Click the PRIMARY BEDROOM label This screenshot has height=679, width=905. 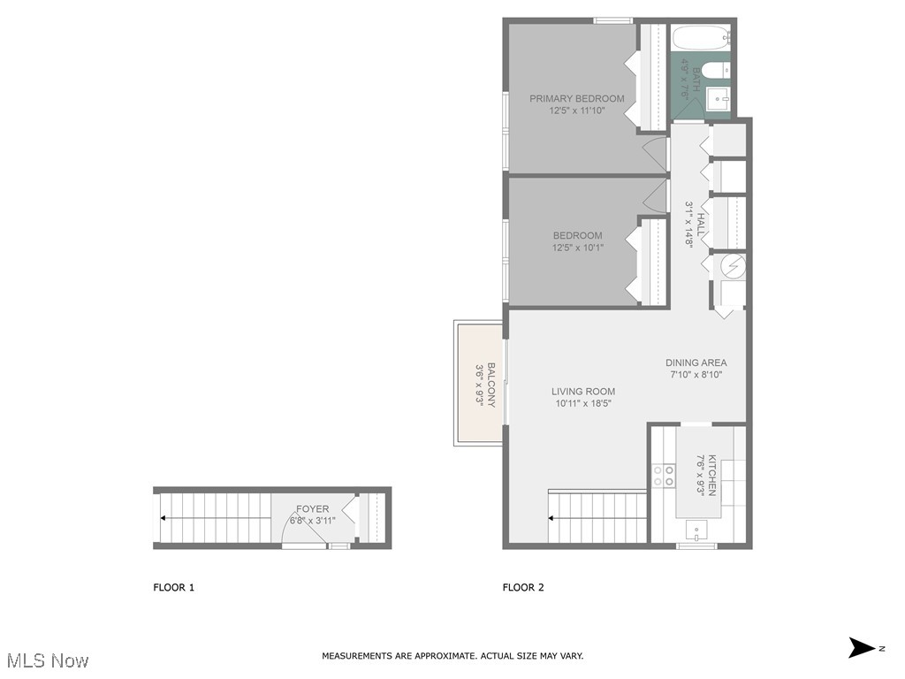pos(576,99)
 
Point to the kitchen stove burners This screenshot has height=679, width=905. pos(663,475)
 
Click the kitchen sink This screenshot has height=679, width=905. pos(697,531)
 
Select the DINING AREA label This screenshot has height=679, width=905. pos(696,362)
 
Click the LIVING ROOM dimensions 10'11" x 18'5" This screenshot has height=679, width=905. pos(583,403)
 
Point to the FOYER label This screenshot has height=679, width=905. pos(312,508)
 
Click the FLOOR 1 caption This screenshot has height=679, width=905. pos(174,588)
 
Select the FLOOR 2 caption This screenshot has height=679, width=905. pos(523,588)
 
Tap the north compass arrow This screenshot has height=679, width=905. pos(863,648)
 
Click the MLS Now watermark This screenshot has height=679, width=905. pos(48,660)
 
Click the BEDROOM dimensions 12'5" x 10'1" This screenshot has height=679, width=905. pos(577,248)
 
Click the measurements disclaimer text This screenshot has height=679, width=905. pos(452,656)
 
